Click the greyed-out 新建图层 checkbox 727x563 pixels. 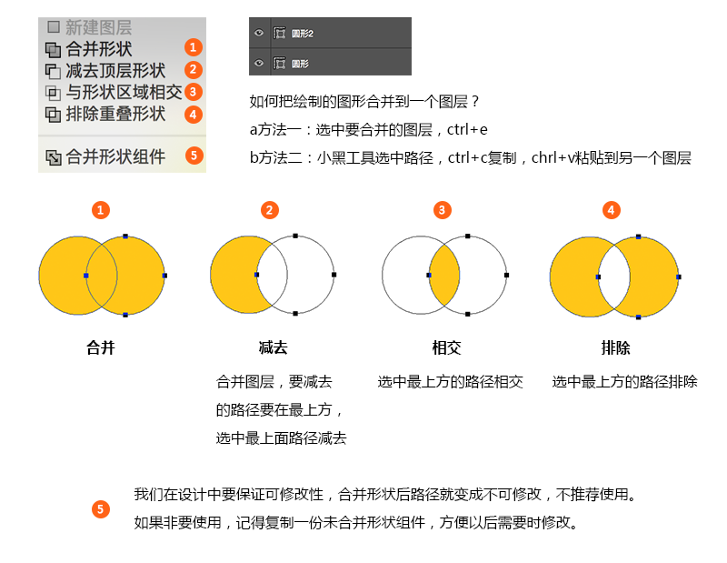pos(54,27)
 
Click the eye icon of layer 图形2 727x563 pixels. pos(259,33)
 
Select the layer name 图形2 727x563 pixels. pos(303,34)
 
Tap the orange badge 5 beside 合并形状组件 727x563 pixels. pos(194,156)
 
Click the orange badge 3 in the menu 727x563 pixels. pos(194,92)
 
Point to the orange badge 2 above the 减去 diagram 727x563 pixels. pos(269,210)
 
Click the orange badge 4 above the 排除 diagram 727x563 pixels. pos(611,210)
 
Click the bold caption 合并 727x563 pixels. pos(101,347)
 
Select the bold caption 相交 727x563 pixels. pos(446,347)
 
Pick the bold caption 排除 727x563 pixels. pos(616,347)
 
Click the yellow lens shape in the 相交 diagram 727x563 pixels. pos(444,276)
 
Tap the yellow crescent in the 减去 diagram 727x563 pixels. pos(236,275)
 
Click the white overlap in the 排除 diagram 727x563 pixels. pos(614,276)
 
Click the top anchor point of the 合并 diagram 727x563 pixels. pos(125,236)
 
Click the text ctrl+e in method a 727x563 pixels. pos(467,129)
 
